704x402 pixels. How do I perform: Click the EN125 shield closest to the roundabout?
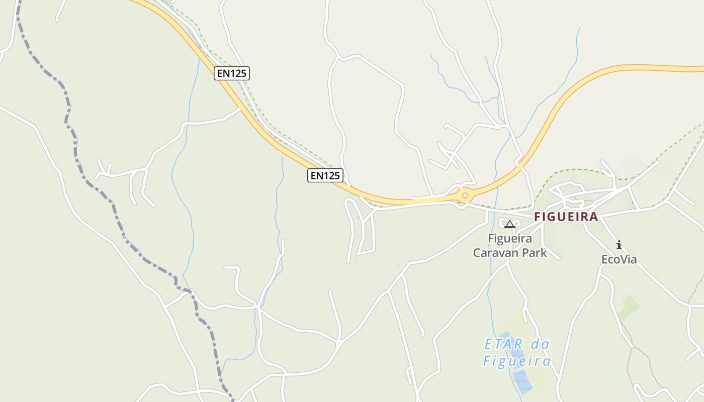click(325, 175)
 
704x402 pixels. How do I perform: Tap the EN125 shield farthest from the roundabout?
click(231, 73)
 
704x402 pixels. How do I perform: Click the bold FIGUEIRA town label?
click(566, 217)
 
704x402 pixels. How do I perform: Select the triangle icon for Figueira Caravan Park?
click(509, 224)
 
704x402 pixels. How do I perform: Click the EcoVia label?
click(619, 259)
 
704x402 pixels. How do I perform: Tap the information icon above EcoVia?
click(619, 245)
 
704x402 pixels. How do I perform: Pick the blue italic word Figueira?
click(517, 361)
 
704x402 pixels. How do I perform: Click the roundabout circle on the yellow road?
click(465, 195)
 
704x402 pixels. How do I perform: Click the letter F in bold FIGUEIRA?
click(537, 217)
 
